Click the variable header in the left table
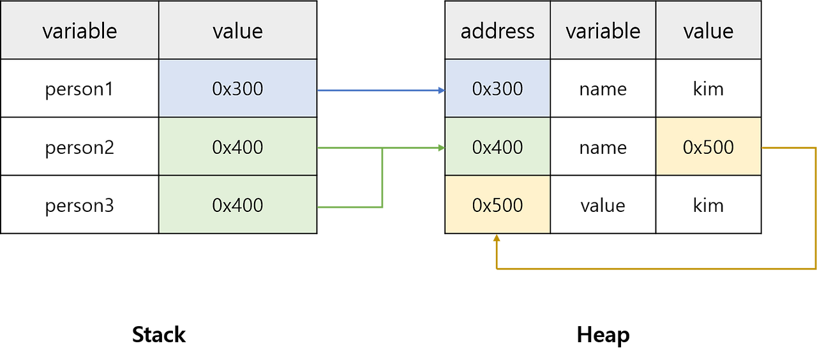point(79,30)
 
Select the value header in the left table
point(237,30)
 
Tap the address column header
point(497,30)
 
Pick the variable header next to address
point(603,30)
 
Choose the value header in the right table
point(708,30)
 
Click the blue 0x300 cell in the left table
point(237,89)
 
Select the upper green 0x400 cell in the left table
point(237,147)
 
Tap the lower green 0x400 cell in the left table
point(237,205)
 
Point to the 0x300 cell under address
point(497,89)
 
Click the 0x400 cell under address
point(497,147)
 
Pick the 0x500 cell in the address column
point(497,205)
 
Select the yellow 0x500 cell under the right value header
point(708,147)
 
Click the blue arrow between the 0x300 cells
point(377,91)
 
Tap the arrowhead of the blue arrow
point(440,91)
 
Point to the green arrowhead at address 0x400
point(440,149)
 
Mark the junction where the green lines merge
point(382,149)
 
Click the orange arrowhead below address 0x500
point(496,239)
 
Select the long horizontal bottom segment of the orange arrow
point(651,268)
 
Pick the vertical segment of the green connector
point(382,179)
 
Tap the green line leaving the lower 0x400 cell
point(348,207)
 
